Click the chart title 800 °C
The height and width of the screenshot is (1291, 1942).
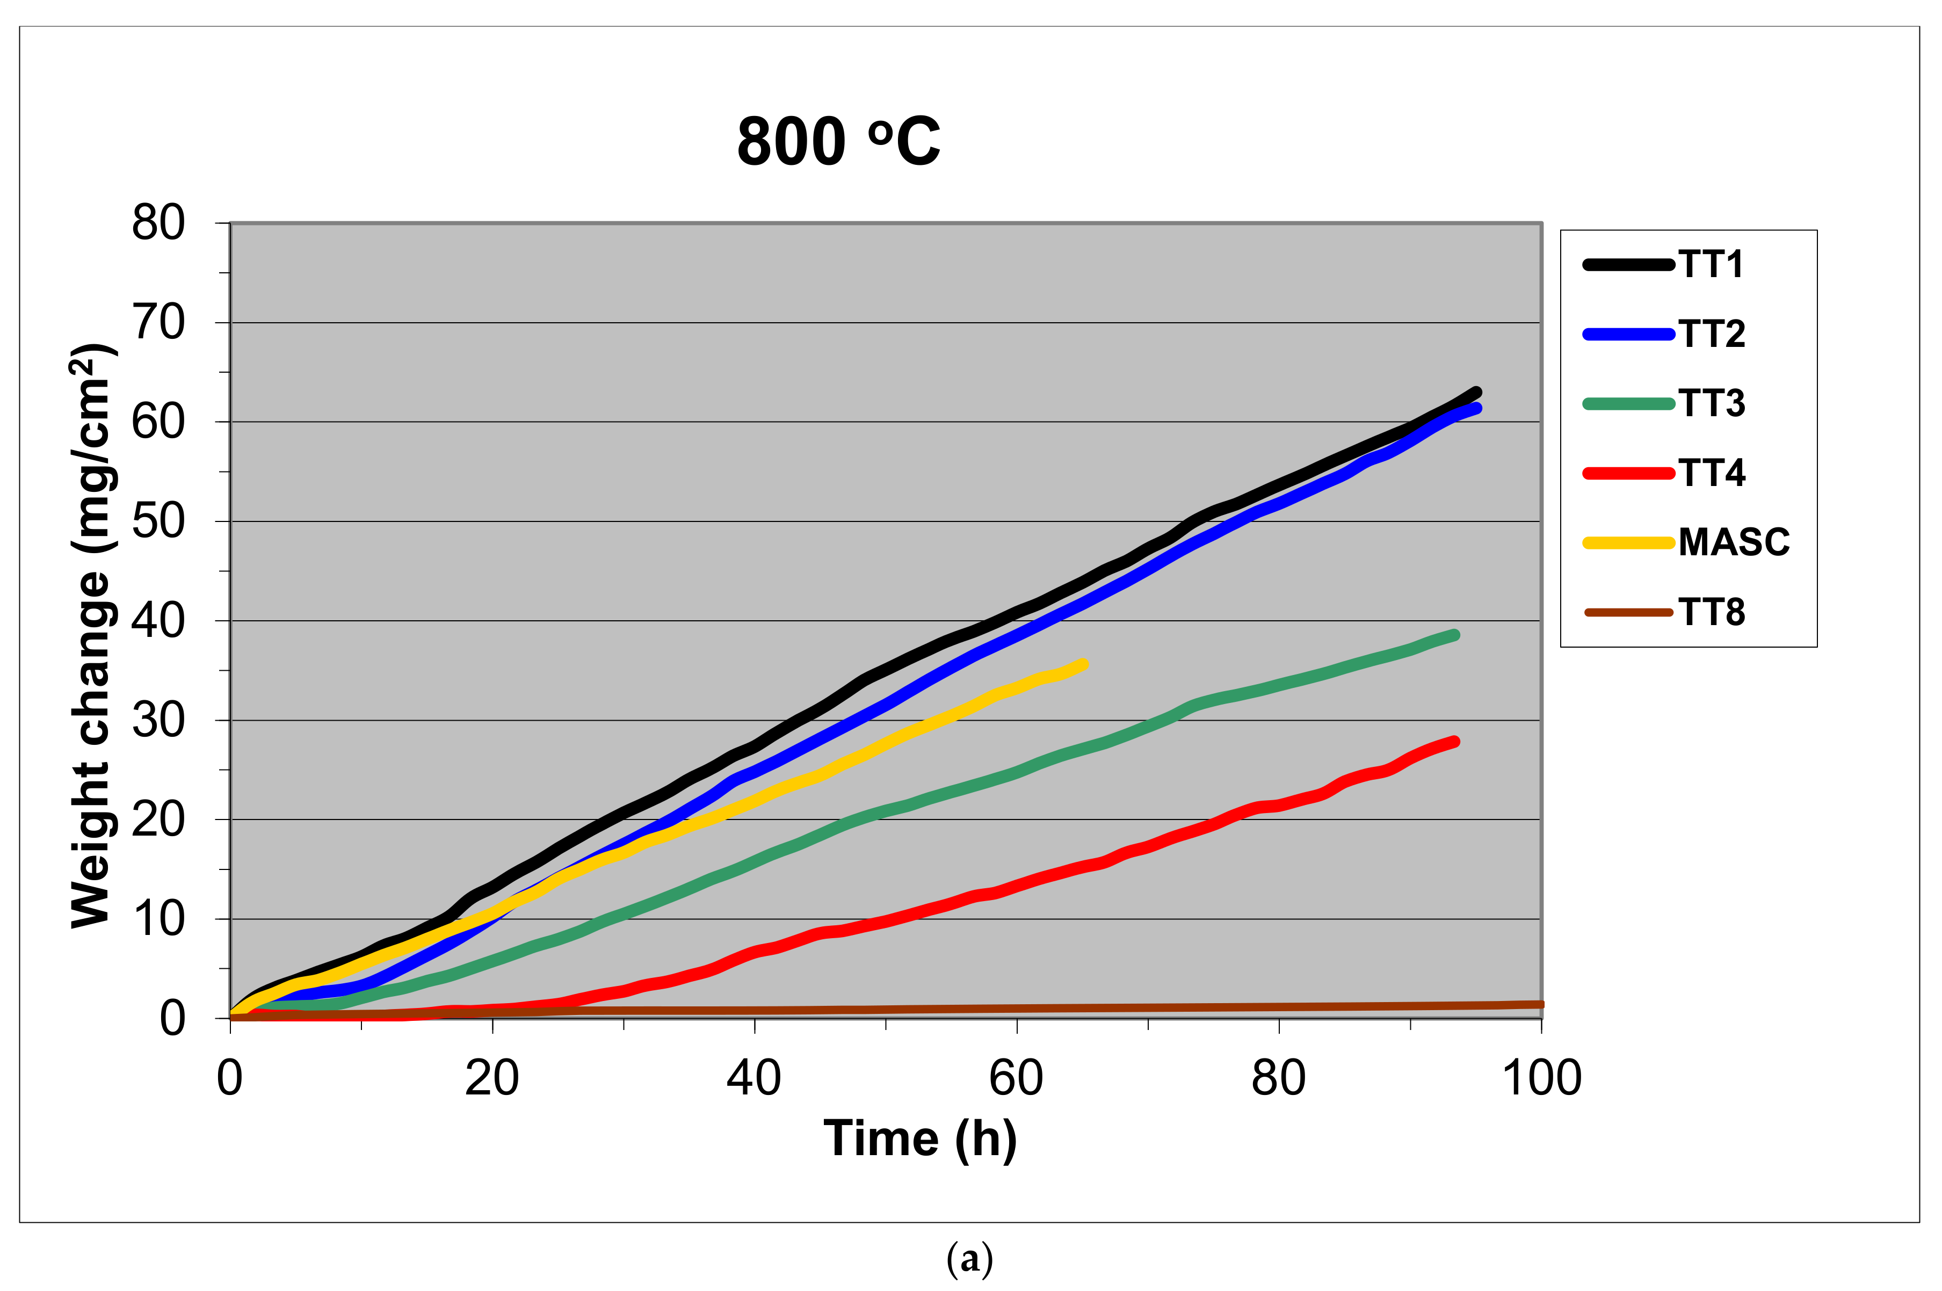(x=838, y=142)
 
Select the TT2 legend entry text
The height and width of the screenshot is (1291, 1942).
(x=1712, y=334)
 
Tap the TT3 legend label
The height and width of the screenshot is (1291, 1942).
(x=1712, y=403)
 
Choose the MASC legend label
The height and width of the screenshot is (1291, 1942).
(x=1734, y=542)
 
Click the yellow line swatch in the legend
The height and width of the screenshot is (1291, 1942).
(x=1627, y=542)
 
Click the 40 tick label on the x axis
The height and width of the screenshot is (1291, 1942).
(x=753, y=1078)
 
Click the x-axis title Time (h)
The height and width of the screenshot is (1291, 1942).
(x=919, y=1140)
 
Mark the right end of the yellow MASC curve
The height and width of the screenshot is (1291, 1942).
(x=1083, y=664)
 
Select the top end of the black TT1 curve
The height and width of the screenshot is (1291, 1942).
(x=1476, y=393)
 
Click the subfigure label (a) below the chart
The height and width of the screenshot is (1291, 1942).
(x=970, y=1260)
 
